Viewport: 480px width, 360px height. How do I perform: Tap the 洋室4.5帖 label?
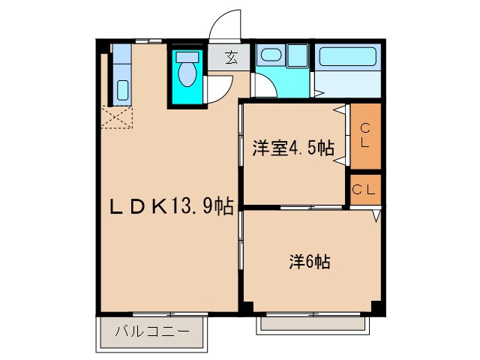coord(292,147)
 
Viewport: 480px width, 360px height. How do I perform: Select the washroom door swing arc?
coord(264,85)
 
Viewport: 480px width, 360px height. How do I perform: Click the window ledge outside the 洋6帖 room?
coord(310,324)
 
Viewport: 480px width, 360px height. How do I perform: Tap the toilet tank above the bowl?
coord(186,56)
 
